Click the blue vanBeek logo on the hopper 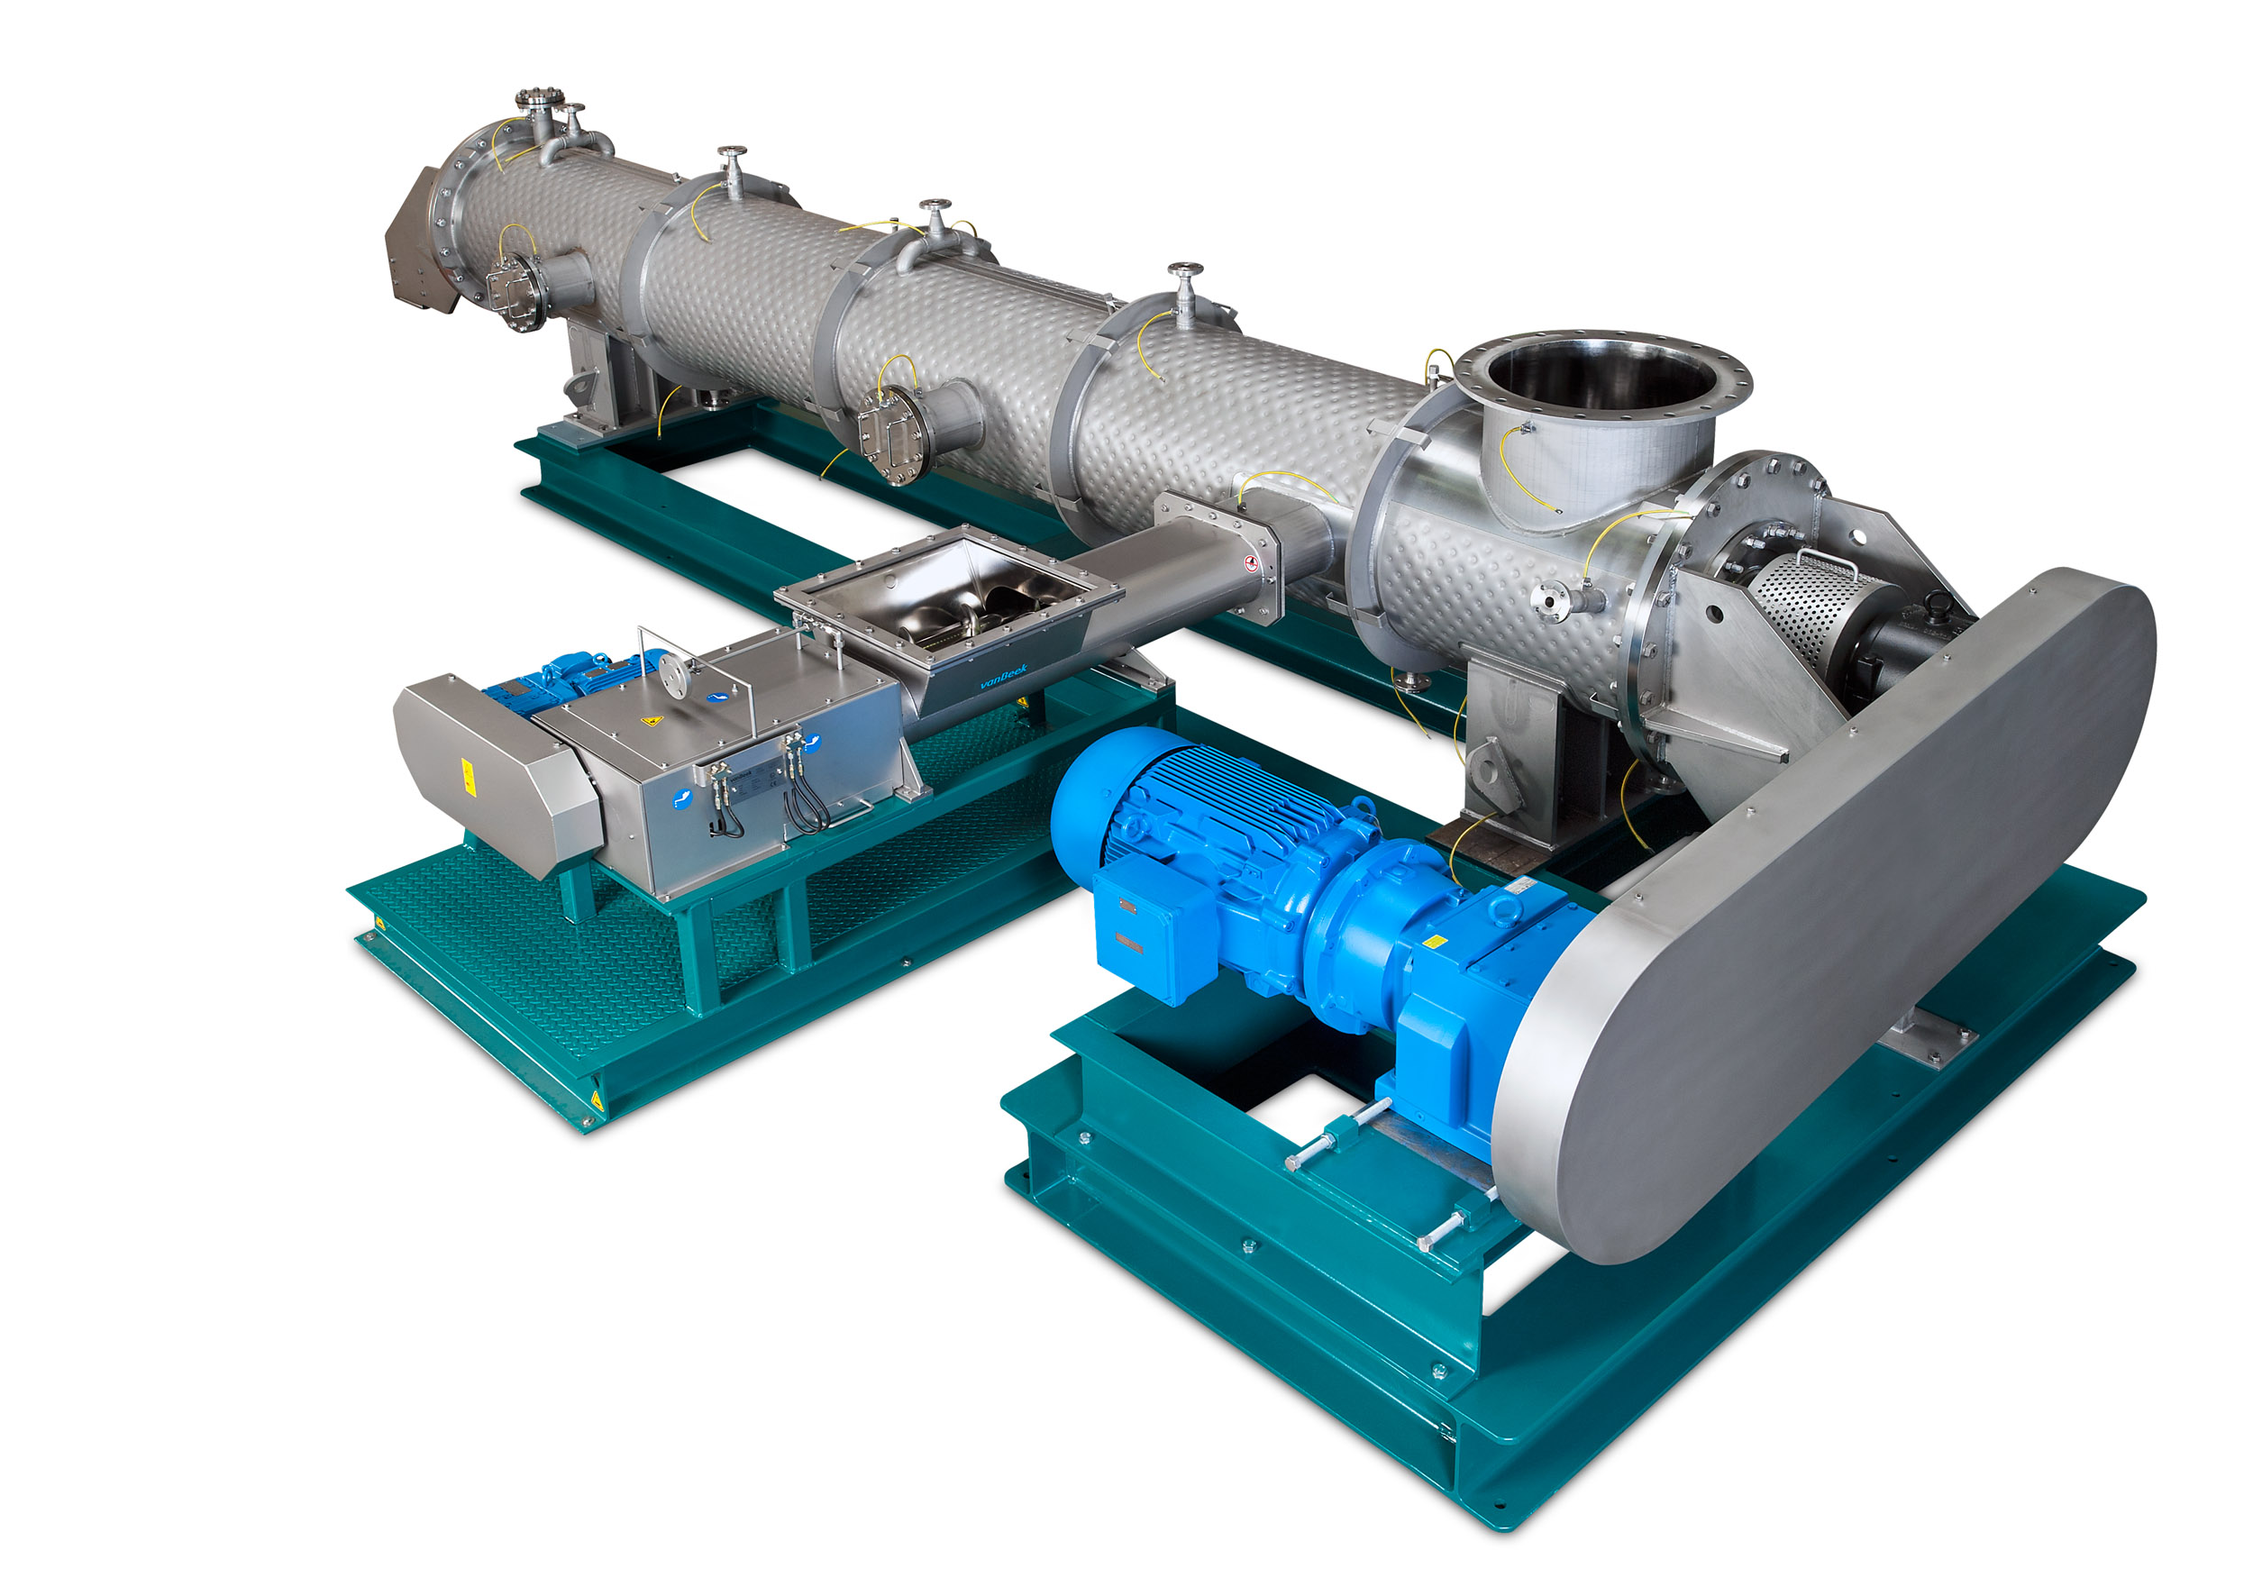coord(1004,676)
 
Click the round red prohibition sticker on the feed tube coord(1251,563)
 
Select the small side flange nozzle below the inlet coord(1555,598)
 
